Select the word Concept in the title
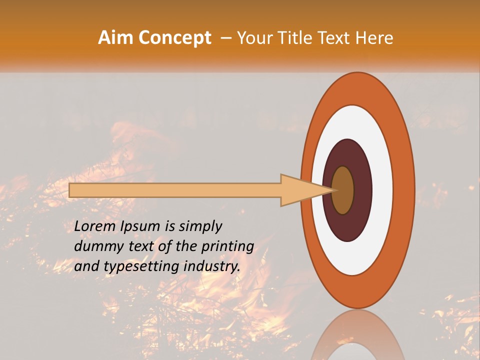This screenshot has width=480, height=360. coord(175,38)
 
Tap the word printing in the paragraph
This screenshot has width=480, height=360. coord(228,246)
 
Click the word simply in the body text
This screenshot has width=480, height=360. coord(200,226)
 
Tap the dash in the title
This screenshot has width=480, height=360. coord(225,38)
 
